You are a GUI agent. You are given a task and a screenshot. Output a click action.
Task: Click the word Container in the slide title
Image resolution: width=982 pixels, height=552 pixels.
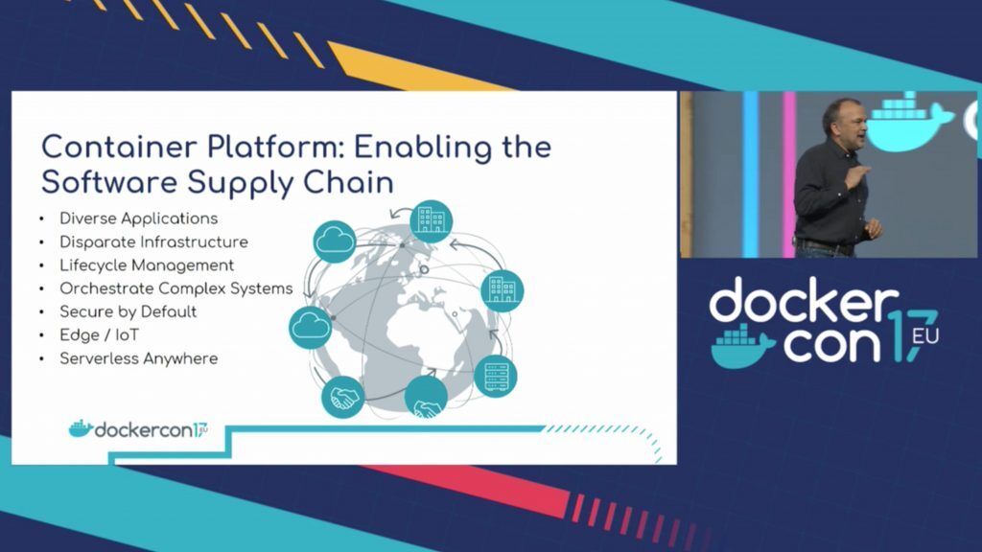pyautogui.click(x=118, y=148)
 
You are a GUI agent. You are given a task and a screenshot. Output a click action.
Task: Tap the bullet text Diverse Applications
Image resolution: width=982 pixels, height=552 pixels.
pyautogui.click(x=138, y=218)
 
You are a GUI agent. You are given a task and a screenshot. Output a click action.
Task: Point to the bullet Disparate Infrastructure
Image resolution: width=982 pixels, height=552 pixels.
pyautogui.click(x=153, y=241)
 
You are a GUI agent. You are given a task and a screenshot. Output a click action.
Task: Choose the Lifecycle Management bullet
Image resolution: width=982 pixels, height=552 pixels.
pyautogui.click(x=147, y=265)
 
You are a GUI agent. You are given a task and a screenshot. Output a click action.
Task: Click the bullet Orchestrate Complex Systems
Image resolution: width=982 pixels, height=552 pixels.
pyautogui.click(x=176, y=288)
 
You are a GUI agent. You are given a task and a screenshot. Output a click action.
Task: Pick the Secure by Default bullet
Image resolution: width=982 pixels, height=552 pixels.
pyautogui.click(x=128, y=311)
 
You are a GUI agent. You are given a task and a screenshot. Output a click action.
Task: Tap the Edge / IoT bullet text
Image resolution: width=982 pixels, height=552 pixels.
pyautogui.click(x=99, y=334)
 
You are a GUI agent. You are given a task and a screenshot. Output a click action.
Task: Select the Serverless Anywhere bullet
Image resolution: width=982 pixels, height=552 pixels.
pyautogui.click(x=138, y=358)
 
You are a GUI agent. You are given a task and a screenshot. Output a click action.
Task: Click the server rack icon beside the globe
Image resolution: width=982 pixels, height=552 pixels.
pyautogui.click(x=496, y=376)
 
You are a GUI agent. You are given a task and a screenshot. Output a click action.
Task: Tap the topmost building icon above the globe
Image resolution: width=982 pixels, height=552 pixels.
pyautogui.click(x=432, y=221)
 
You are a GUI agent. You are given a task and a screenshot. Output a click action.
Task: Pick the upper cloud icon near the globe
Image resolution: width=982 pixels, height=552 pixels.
pyautogui.click(x=335, y=241)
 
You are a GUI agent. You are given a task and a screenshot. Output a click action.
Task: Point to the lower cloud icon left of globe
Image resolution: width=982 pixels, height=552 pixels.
pyautogui.click(x=310, y=328)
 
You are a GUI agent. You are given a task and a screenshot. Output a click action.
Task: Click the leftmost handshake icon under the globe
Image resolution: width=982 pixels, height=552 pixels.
pyautogui.click(x=342, y=397)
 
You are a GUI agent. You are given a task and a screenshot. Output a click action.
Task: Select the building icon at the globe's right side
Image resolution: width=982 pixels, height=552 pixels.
pyautogui.click(x=503, y=290)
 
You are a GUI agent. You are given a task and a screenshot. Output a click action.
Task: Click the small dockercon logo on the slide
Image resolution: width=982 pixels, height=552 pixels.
pyautogui.click(x=138, y=429)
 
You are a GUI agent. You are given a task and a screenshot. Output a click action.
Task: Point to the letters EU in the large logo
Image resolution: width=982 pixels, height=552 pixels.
pyautogui.click(x=925, y=336)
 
